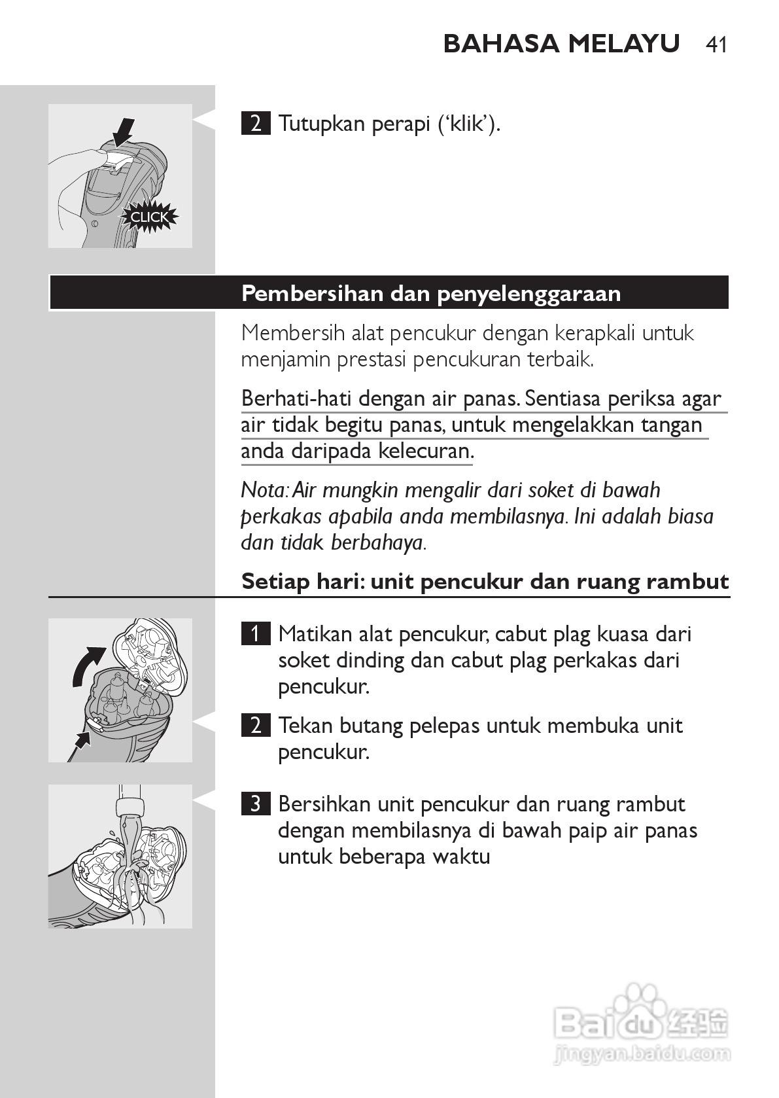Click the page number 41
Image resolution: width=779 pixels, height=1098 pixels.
(x=716, y=44)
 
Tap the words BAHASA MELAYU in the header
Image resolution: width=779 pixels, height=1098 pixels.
(x=561, y=44)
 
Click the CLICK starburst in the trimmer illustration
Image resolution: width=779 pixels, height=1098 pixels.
(x=149, y=217)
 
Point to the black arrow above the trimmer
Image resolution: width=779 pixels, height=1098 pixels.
(x=123, y=132)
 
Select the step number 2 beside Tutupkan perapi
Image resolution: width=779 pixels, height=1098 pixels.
(x=255, y=123)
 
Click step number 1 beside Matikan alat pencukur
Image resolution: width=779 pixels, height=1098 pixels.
(x=255, y=633)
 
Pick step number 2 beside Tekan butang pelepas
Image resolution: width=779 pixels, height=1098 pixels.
(x=255, y=725)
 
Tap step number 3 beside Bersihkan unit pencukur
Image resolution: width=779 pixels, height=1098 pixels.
(x=255, y=804)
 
